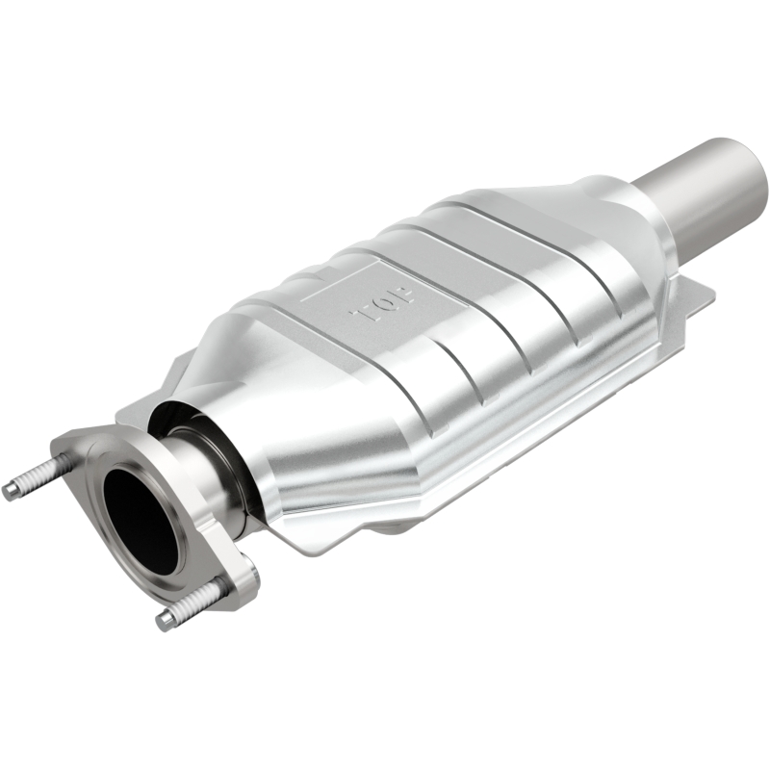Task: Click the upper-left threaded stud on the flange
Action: [34, 479]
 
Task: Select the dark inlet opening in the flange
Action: [142, 520]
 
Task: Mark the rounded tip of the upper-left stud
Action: [10, 491]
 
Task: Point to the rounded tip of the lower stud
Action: [165, 621]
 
